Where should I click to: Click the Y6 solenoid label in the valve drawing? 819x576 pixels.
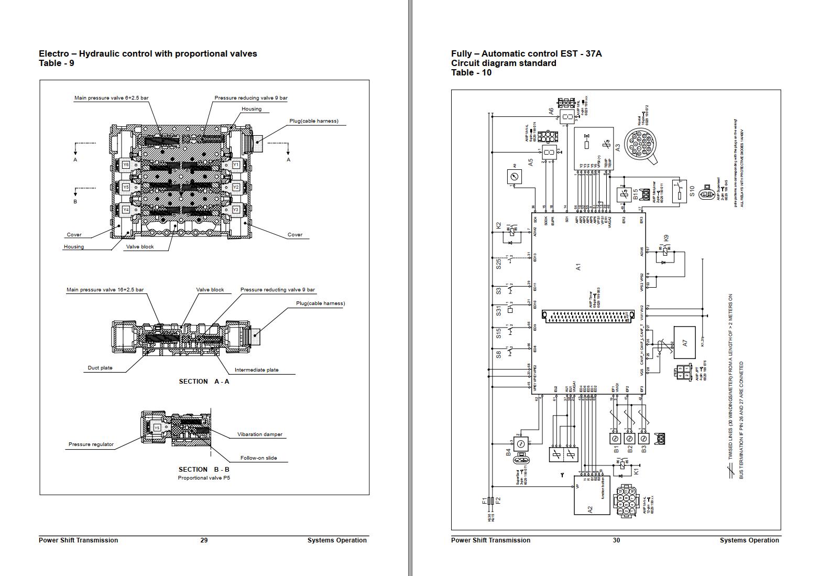(x=126, y=165)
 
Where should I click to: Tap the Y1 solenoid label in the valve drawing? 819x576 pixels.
(x=236, y=165)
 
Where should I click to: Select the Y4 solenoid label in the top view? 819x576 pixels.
(x=126, y=210)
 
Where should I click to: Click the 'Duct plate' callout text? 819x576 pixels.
(x=100, y=368)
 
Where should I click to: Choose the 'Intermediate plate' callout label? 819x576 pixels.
(x=256, y=370)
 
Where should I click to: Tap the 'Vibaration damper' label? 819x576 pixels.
(x=259, y=434)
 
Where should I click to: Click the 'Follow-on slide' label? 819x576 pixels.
(x=258, y=458)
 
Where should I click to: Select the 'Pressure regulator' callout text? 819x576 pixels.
(x=91, y=444)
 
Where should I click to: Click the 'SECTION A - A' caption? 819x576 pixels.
(x=204, y=382)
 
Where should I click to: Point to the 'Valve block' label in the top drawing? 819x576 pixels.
(x=140, y=247)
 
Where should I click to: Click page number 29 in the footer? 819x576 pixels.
(x=204, y=540)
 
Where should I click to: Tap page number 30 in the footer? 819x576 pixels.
(x=616, y=540)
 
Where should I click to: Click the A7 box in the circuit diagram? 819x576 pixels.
(x=684, y=343)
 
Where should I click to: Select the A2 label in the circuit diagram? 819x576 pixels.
(x=590, y=509)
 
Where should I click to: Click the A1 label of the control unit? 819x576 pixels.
(x=578, y=267)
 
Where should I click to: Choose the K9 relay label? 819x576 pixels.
(x=666, y=238)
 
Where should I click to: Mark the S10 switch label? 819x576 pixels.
(x=692, y=191)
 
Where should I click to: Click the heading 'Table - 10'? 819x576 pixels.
(x=471, y=73)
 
